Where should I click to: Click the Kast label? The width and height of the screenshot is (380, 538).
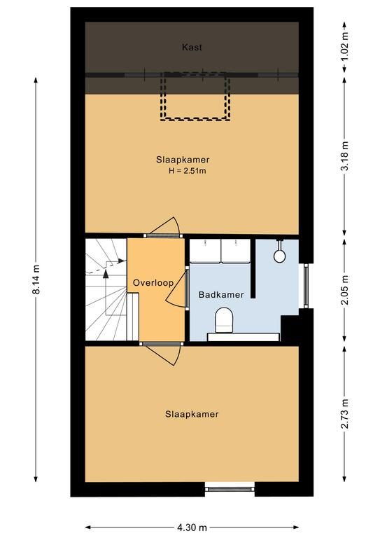[192, 48]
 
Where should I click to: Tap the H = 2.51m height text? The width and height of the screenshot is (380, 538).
[187, 171]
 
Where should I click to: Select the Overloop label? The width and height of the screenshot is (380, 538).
[153, 283]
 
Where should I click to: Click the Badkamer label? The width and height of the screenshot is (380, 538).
[221, 294]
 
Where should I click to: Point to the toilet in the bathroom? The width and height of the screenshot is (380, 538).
[224, 320]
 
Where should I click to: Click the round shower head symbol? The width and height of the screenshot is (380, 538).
[280, 256]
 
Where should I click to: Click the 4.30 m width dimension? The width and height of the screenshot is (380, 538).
[192, 527]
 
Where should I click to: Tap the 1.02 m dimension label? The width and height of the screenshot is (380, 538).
[345, 46]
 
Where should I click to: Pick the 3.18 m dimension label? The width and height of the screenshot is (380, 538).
[345, 156]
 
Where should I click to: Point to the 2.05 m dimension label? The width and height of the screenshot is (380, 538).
[345, 289]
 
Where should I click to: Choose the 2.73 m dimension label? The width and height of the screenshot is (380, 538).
[345, 413]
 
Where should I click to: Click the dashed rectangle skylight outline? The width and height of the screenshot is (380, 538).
[195, 119]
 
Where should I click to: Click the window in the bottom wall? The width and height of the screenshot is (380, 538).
[230, 489]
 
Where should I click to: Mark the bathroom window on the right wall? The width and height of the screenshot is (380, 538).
[306, 286]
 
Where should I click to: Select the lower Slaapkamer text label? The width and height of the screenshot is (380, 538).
[192, 414]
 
